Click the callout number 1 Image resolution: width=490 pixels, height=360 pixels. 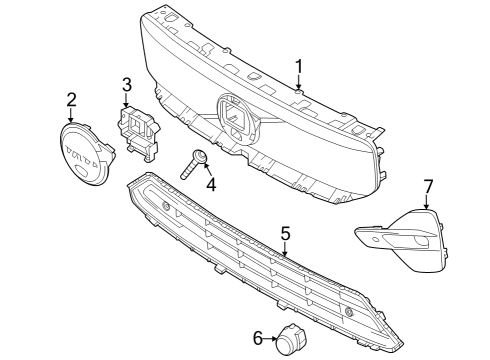[298, 67]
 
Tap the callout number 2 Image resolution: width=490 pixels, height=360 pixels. [71, 99]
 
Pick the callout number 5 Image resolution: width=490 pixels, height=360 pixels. [285, 233]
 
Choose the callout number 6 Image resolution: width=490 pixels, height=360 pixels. [257, 339]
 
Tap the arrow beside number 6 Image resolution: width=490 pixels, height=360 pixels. [273, 339]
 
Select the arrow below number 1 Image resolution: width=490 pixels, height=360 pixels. [298, 84]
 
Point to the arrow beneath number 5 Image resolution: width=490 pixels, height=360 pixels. [286, 250]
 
